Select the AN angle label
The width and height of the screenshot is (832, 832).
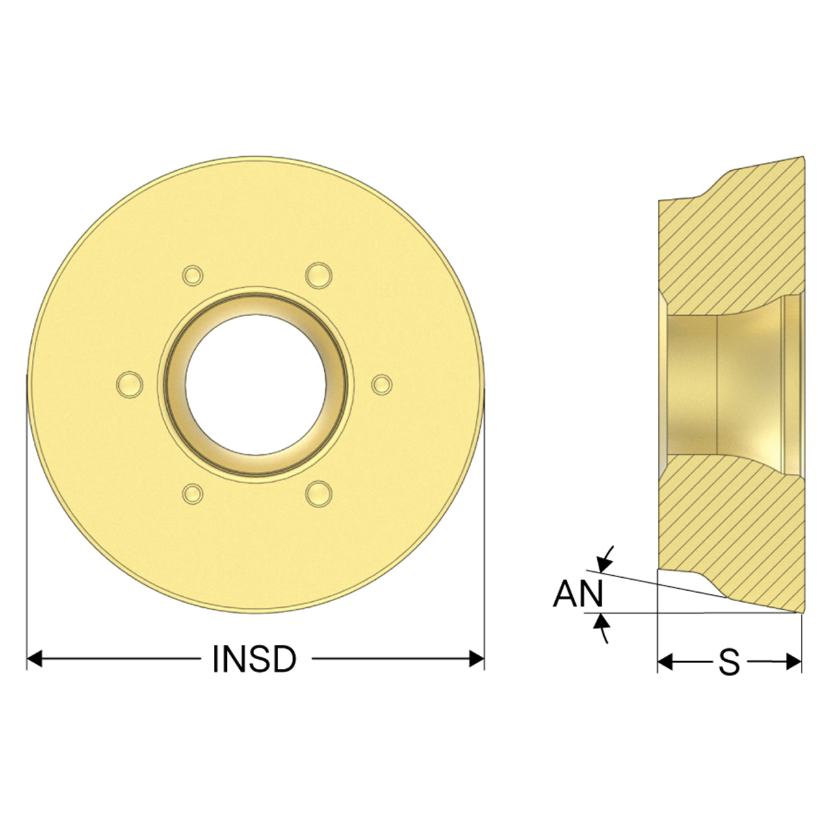point(578,593)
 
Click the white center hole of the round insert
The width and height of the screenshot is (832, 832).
point(255,384)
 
